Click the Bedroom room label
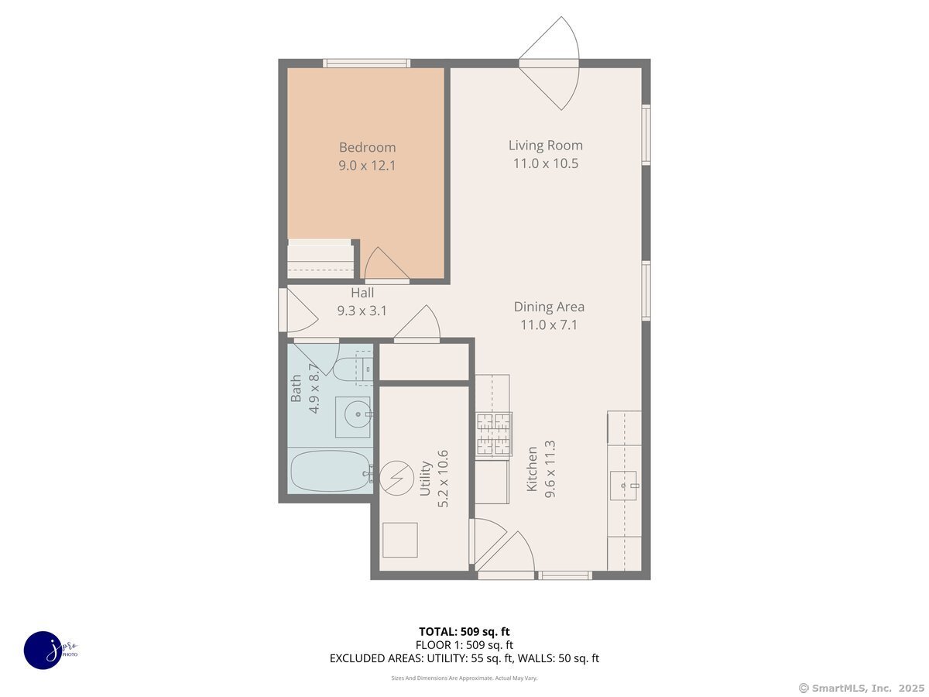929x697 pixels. (x=367, y=147)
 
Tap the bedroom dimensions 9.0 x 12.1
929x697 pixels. (x=367, y=166)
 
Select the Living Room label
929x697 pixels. (x=546, y=146)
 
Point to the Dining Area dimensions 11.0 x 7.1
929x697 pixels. (x=549, y=325)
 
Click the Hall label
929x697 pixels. (x=362, y=293)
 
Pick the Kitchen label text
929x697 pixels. (x=532, y=469)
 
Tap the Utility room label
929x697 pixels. (x=425, y=479)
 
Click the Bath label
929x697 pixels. (x=296, y=389)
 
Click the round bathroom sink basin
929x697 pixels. (x=358, y=414)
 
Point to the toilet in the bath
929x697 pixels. (x=353, y=369)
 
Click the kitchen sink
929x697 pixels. (x=623, y=486)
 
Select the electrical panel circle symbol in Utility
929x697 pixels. (x=396, y=478)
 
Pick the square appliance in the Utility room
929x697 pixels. (x=400, y=540)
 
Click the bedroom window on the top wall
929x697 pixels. (x=366, y=64)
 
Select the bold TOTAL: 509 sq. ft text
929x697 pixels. (x=464, y=632)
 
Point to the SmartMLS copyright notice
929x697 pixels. (x=862, y=688)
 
